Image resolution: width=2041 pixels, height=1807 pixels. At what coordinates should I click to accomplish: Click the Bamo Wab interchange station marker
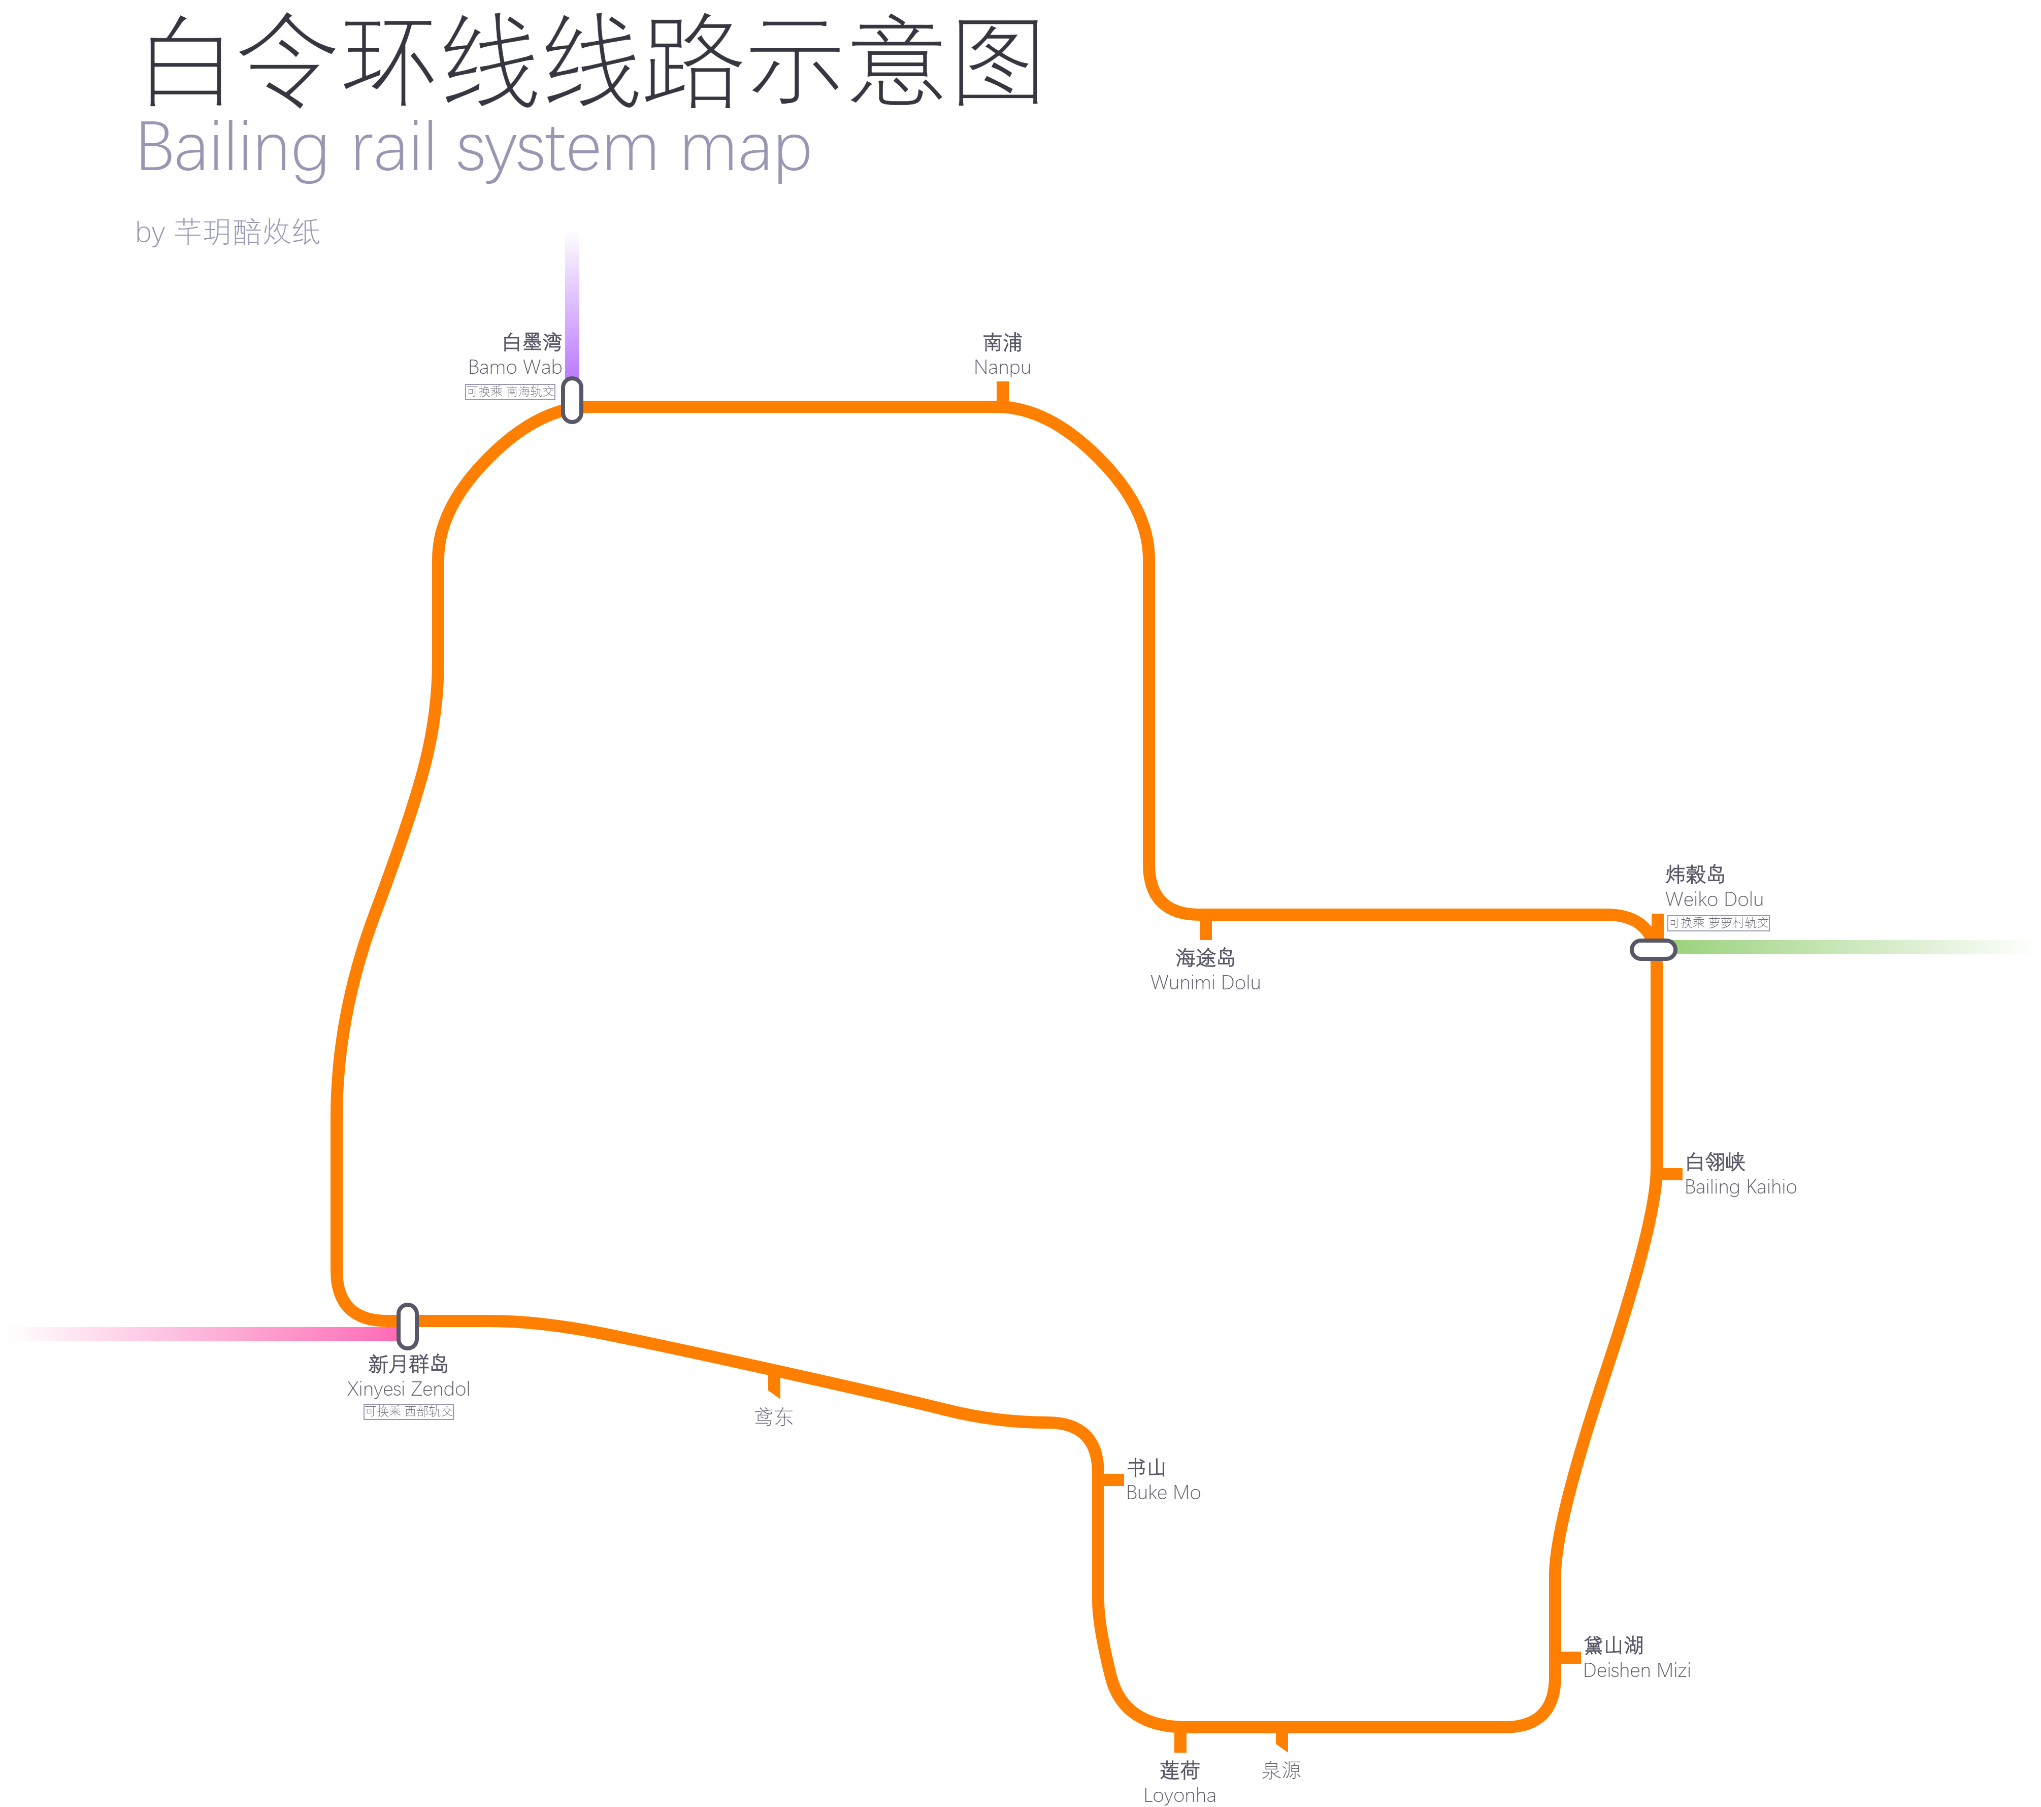tap(572, 400)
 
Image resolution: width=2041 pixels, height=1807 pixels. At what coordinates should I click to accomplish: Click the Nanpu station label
tap(1003, 354)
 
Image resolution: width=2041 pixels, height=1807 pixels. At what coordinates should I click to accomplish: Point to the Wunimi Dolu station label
tap(1205, 970)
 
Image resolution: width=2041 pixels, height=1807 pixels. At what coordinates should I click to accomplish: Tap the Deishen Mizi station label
tap(1636, 1658)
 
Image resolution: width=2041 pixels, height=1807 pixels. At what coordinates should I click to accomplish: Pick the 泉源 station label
tap(1281, 1770)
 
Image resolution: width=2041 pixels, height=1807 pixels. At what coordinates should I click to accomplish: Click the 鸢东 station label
tap(774, 1416)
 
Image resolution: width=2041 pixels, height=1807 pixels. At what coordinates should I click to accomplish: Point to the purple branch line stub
tap(572, 300)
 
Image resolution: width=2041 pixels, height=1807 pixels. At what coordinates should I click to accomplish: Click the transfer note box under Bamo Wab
tap(510, 392)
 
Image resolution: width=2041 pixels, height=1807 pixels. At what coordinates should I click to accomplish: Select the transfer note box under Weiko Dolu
tap(1718, 923)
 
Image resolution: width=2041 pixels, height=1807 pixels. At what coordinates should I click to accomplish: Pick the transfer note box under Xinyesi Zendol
tap(408, 1411)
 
